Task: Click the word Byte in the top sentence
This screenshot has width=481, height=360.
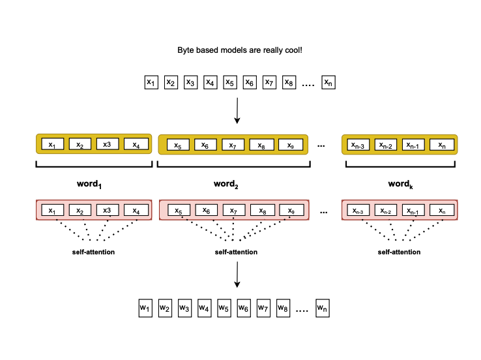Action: coord(186,50)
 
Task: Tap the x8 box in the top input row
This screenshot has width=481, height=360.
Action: coord(289,83)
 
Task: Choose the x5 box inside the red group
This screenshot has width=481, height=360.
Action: coord(178,211)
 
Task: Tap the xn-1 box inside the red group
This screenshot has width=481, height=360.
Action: coord(415,211)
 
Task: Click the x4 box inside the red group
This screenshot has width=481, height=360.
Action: coord(136,211)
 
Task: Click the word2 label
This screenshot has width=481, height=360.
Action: coord(227,185)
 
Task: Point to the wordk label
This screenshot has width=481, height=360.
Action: coord(400,185)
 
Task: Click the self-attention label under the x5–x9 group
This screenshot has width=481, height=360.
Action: coord(236,252)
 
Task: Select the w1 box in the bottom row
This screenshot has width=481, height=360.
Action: coord(145,307)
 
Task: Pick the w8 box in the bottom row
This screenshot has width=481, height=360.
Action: coord(283,307)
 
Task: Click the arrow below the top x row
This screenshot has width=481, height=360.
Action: coord(237,110)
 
